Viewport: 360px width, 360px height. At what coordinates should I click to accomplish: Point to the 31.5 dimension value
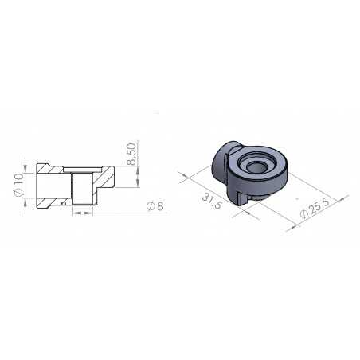tap(212, 201)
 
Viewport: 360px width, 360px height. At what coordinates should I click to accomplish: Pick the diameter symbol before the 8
tap(151, 208)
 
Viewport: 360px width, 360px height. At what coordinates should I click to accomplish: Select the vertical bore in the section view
tap(81, 190)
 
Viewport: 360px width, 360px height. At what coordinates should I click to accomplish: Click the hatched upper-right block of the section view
tap(105, 176)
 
